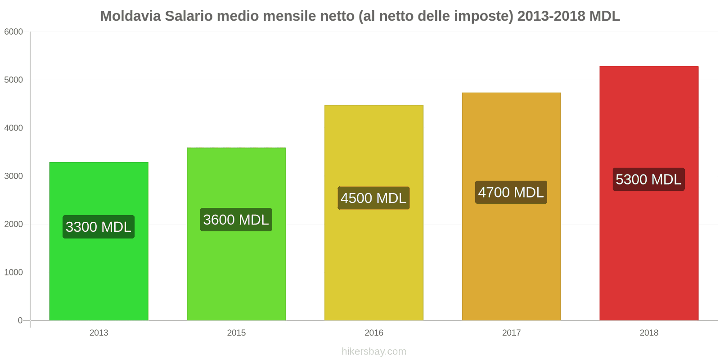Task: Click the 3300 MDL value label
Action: click(x=99, y=227)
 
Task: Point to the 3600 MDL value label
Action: click(x=236, y=220)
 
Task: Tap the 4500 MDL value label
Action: click(x=373, y=198)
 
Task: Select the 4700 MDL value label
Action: click(x=511, y=193)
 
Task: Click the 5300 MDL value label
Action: click(x=648, y=180)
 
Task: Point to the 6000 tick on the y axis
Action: click(x=13, y=32)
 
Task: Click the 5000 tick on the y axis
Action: click(x=13, y=80)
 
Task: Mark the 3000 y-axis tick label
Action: click(x=13, y=176)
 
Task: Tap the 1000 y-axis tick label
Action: click(x=13, y=273)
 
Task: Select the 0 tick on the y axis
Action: click(x=20, y=320)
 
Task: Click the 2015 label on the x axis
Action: click(x=236, y=333)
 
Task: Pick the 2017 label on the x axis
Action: click(x=511, y=333)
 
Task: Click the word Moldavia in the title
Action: click(x=130, y=16)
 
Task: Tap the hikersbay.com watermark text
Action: click(x=373, y=351)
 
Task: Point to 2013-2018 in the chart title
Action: click(x=551, y=16)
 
